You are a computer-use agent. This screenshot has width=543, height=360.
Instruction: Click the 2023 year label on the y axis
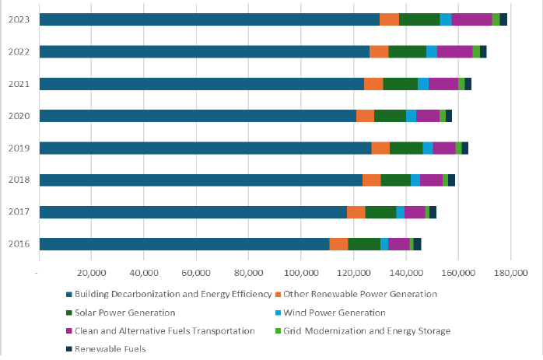coord(19,19)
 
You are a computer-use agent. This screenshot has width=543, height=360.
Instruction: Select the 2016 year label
coord(19,244)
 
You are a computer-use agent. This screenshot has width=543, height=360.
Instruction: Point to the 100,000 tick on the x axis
coord(300,273)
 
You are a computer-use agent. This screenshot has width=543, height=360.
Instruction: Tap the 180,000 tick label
coord(510,273)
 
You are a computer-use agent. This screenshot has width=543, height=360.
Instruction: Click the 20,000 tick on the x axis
coord(90,273)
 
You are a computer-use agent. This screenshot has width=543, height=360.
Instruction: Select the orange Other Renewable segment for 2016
coord(338,244)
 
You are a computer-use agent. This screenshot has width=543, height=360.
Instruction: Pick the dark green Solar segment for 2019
coord(406,148)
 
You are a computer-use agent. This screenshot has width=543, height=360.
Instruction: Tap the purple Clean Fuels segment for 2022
coord(454,51)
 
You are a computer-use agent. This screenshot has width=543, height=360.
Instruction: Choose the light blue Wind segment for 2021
coord(423,84)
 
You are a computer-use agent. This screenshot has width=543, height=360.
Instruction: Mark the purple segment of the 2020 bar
coord(428,116)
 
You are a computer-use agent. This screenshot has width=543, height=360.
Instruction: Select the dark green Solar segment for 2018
coord(396,180)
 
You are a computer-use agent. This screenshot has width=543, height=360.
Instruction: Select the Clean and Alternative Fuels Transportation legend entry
coord(163,331)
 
